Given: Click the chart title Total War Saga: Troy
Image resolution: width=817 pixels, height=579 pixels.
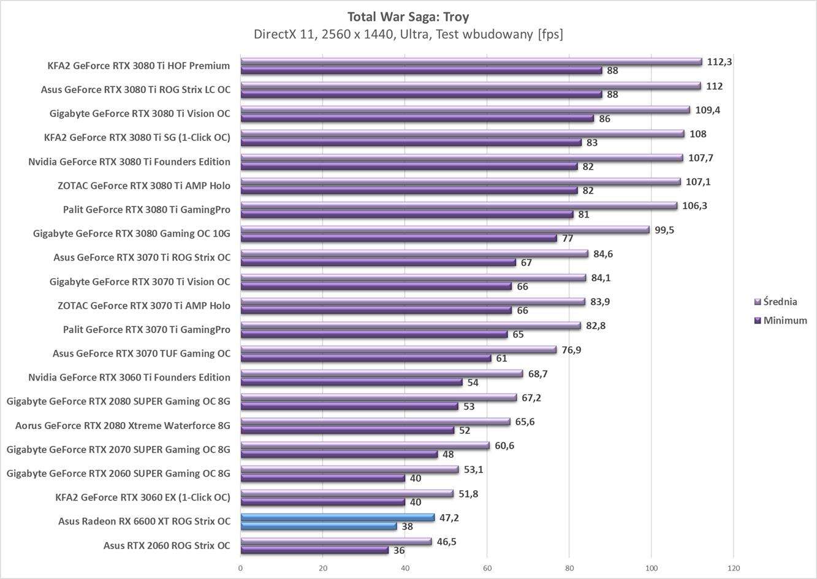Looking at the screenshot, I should point(408,16).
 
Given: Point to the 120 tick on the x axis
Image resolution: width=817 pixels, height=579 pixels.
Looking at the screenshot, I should point(734,567).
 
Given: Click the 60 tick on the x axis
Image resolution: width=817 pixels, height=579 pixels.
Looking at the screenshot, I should point(487,567).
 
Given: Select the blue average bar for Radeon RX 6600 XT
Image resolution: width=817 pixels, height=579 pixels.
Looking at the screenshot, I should point(337,518).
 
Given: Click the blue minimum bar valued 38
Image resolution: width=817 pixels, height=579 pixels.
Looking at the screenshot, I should point(318,526).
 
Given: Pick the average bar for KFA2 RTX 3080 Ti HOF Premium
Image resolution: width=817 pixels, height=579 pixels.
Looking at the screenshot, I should point(471,62).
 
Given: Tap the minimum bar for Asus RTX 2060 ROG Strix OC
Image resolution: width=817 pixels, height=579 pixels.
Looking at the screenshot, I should point(314,550).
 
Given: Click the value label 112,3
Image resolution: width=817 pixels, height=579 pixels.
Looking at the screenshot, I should point(720,62).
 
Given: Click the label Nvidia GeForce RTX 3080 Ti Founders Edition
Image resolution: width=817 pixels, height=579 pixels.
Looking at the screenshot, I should point(129,162).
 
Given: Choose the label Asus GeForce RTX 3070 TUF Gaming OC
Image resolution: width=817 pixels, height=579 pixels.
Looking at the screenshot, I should point(142,354).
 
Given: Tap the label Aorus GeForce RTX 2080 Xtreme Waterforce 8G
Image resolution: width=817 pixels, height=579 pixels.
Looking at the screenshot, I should point(123,425).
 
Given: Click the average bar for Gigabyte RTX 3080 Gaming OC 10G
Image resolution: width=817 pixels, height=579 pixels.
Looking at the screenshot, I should point(444,230).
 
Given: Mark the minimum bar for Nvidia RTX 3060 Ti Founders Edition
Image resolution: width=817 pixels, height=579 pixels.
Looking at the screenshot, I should point(351,382).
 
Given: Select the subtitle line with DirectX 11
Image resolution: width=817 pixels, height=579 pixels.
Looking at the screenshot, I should point(408,34).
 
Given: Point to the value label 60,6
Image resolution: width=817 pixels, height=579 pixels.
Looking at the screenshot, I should point(504,445).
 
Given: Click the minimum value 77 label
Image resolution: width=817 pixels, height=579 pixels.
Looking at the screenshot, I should point(568,238).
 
